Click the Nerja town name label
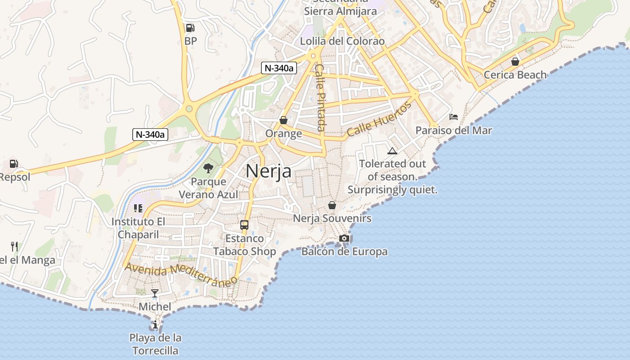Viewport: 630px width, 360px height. (269, 171)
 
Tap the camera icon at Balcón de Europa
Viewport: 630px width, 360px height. (344, 238)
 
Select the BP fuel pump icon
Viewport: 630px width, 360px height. (190, 28)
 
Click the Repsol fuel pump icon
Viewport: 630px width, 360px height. (14, 164)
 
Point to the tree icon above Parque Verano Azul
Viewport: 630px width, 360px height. (208, 169)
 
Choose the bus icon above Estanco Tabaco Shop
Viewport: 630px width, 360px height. (244, 225)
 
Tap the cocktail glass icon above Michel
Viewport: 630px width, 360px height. (155, 293)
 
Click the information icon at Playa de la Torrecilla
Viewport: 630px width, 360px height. (155, 324)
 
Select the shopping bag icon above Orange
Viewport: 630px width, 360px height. (283, 120)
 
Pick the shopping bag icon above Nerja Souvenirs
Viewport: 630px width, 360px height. (332, 205)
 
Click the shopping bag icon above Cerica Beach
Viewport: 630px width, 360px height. (515, 61)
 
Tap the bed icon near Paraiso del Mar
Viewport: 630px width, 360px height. (454, 117)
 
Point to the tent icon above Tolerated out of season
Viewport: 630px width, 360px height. (392, 151)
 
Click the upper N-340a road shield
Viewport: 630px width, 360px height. (279, 68)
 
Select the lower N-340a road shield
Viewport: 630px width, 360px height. (150, 134)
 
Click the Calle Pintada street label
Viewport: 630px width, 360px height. (320, 97)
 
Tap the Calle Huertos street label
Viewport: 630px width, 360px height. (379, 119)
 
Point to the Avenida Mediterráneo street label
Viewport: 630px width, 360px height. (181, 274)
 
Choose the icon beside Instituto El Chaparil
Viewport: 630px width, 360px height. (138, 208)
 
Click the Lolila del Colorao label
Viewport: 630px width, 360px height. (342, 41)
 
